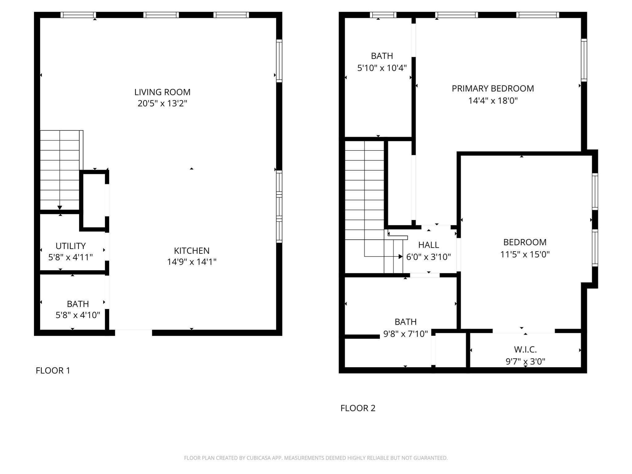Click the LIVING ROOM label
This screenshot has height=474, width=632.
pyautogui.click(x=162, y=92)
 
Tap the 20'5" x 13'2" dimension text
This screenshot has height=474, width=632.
pyautogui.click(x=162, y=103)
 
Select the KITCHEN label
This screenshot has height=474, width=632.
pyautogui.click(x=192, y=251)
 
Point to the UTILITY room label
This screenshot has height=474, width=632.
pyautogui.click(x=70, y=246)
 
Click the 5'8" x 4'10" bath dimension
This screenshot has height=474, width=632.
pyautogui.click(x=78, y=315)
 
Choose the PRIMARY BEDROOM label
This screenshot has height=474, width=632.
pyautogui.click(x=493, y=89)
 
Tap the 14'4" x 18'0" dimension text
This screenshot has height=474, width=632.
pyautogui.click(x=493, y=101)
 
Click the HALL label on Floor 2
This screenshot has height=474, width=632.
pyautogui.click(x=428, y=245)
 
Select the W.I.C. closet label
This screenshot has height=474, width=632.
pyautogui.click(x=525, y=350)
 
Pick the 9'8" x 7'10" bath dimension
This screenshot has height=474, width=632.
pyautogui.click(x=405, y=334)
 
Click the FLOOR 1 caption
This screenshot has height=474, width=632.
pyautogui.click(x=53, y=371)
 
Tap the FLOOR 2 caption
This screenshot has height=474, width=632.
pyautogui.click(x=358, y=408)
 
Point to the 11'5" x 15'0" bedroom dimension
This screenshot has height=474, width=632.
pyautogui.click(x=525, y=254)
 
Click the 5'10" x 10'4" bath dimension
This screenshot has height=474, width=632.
pyautogui.click(x=382, y=68)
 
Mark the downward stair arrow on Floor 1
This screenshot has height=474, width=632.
pyautogui.click(x=60, y=208)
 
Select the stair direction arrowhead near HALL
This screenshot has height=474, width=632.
pyautogui.click(x=401, y=256)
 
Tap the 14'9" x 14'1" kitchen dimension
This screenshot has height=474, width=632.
pyautogui.click(x=192, y=262)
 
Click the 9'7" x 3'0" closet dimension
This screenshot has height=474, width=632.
pyautogui.click(x=525, y=361)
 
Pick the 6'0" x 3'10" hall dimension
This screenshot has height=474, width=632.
pyautogui.click(x=428, y=257)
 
